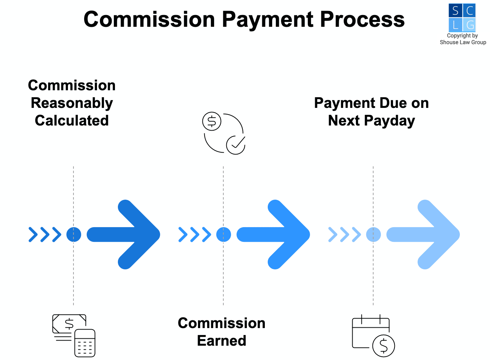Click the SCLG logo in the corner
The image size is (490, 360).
(x=462, y=18)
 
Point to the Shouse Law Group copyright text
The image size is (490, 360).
(x=463, y=39)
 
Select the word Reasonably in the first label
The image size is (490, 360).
(x=72, y=103)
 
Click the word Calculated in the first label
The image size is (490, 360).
(x=72, y=120)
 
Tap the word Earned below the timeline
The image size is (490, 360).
(x=221, y=341)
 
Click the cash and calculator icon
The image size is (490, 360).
(x=74, y=335)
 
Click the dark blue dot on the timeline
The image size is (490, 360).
(x=73, y=234)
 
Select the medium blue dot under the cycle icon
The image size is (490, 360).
(x=223, y=234)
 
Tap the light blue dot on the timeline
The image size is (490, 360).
(x=373, y=234)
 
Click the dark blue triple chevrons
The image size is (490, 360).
(x=45, y=234)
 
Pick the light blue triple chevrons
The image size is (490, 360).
(x=345, y=234)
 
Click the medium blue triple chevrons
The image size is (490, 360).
(x=195, y=234)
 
